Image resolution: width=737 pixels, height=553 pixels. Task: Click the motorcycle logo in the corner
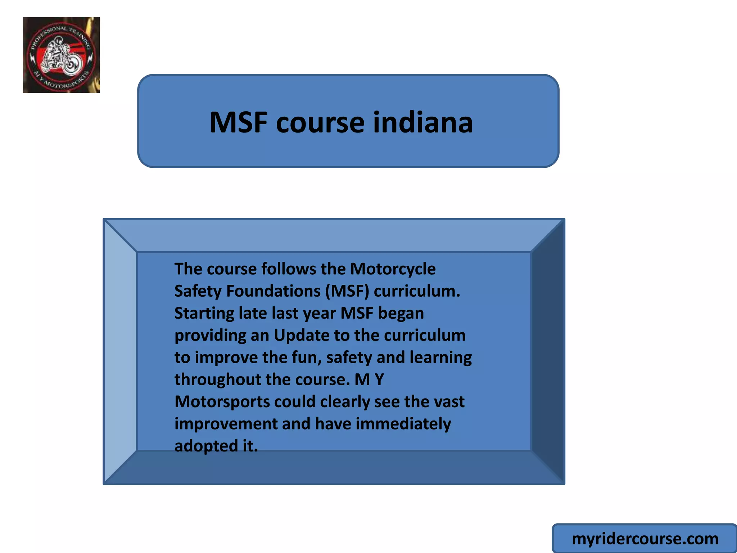coord(61,55)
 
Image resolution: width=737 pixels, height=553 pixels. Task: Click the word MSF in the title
coord(239,122)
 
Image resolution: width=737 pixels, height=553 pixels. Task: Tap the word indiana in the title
coord(423,122)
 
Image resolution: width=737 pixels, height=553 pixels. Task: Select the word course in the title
coord(320,123)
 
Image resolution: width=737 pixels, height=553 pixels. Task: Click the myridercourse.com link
coord(645,539)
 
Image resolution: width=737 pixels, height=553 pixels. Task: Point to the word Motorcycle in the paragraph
coord(393,269)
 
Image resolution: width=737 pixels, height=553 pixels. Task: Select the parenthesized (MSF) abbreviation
coord(347,291)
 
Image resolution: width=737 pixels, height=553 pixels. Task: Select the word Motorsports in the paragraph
coord(222,402)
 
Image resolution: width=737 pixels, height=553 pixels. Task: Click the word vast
coord(449,402)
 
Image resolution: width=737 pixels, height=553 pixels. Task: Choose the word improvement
coord(226,424)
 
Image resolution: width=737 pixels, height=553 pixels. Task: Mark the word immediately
coord(403,424)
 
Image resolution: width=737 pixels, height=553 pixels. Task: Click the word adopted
coord(206,446)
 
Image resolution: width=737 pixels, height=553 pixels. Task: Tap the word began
coord(401,314)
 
